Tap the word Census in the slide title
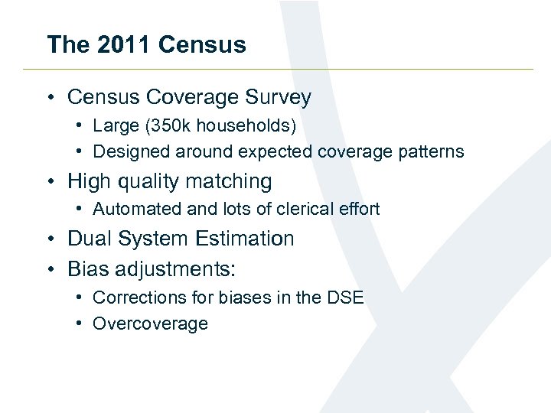[x=203, y=44]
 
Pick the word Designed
[x=126, y=151]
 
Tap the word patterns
[x=431, y=151]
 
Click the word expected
[x=273, y=151]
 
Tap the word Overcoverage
[x=150, y=324]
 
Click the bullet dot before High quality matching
[x=49, y=182]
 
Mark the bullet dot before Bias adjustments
[x=49, y=269]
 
